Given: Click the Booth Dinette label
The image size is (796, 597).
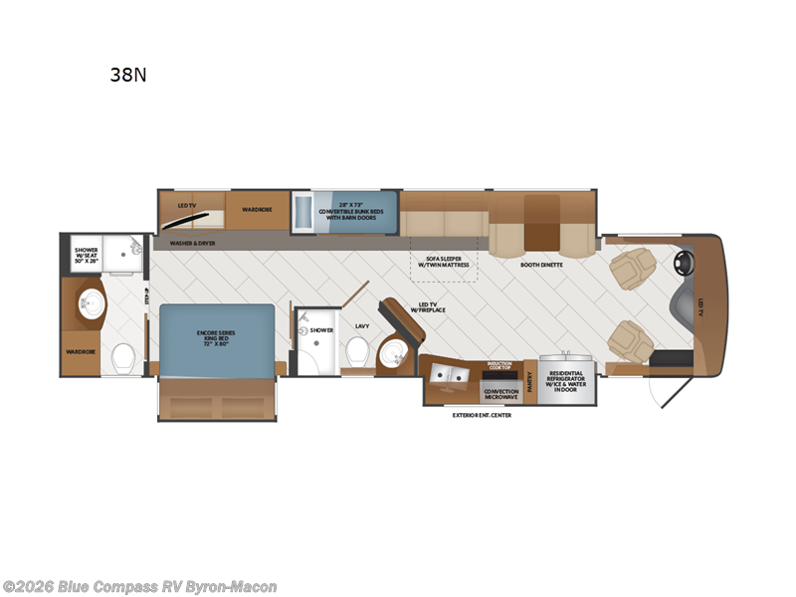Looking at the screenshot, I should click(541, 266).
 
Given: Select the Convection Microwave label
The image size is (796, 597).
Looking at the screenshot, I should click(500, 393).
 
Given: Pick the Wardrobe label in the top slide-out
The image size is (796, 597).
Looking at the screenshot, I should click(257, 209).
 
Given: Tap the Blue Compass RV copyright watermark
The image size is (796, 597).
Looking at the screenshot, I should click(140, 587).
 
